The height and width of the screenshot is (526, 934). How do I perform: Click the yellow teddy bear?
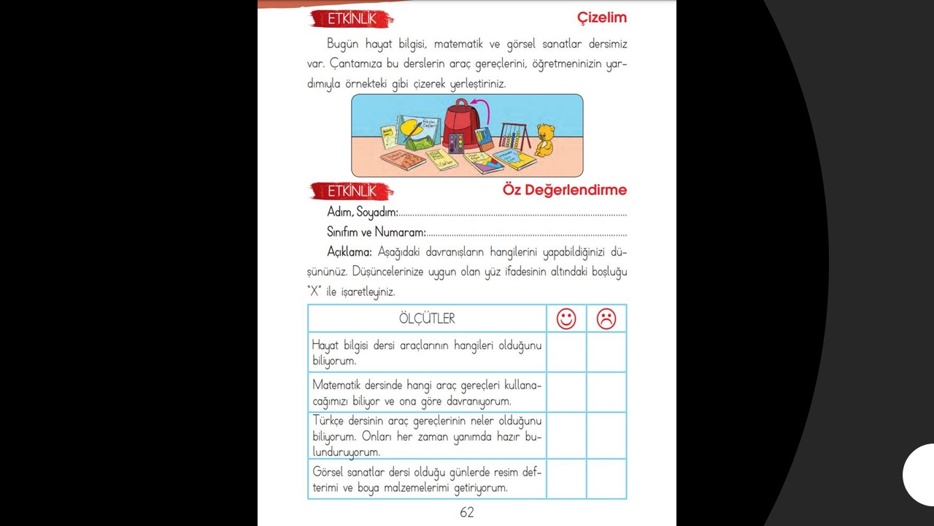point(544,140)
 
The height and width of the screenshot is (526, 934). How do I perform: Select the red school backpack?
point(460,121)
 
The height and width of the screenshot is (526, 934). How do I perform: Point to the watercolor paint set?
point(455,142)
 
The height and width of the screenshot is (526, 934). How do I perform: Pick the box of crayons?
point(485,139)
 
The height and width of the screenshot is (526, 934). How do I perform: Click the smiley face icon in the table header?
point(566,319)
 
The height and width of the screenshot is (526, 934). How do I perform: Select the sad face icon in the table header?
point(606,319)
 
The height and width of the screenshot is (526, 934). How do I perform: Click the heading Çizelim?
point(601,18)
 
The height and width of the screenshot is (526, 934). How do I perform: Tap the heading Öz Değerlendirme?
point(564,190)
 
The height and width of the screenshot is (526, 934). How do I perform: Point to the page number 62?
point(467,512)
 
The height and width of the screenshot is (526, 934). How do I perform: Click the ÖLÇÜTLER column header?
point(427,319)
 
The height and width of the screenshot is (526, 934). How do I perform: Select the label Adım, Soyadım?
point(363,213)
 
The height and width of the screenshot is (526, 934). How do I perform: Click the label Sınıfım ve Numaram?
point(377,232)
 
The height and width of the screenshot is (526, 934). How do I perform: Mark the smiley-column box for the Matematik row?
point(566,392)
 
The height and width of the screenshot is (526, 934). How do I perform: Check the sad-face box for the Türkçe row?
point(606,435)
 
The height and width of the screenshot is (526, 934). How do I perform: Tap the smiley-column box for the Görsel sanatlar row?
point(566,479)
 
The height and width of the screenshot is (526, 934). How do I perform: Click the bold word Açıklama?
point(350,252)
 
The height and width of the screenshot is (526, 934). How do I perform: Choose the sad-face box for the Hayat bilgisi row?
point(606,352)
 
